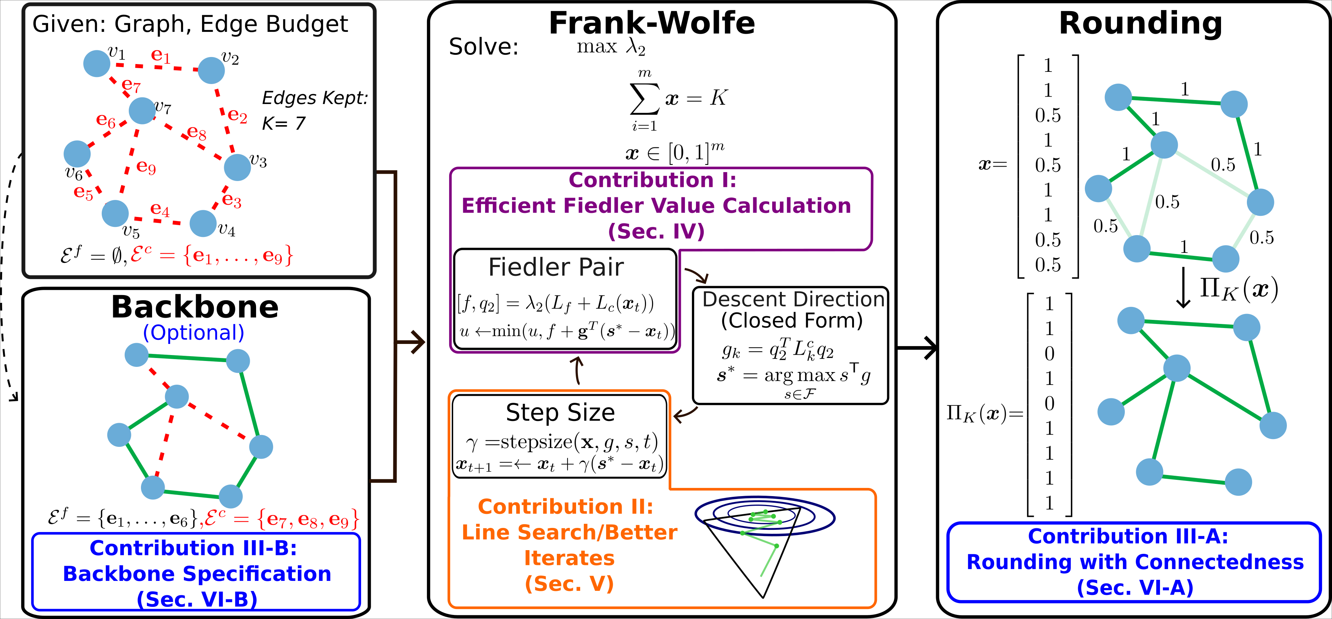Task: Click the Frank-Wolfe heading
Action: click(x=652, y=23)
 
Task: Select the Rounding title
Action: click(x=1140, y=23)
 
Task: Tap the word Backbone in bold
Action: click(x=195, y=307)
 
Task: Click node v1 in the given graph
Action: click(x=97, y=63)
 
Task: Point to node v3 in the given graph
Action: click(x=237, y=167)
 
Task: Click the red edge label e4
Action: click(x=160, y=209)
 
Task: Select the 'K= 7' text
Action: click(x=283, y=123)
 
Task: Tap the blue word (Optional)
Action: click(x=194, y=333)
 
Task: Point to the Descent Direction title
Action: click(x=793, y=300)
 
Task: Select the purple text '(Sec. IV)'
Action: click(x=656, y=231)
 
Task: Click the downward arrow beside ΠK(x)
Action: click(x=1183, y=288)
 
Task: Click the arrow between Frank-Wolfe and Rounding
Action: click(x=918, y=348)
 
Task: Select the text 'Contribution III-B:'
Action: click(x=194, y=548)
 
